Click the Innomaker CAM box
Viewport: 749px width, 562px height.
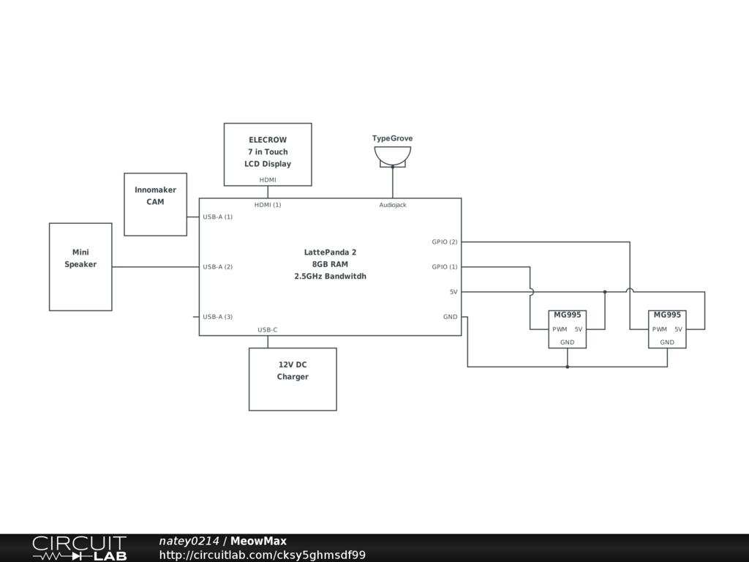coord(155,204)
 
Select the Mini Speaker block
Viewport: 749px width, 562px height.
coord(80,266)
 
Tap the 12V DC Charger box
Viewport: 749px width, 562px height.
coord(293,378)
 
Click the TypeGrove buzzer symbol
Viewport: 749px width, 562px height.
coord(393,156)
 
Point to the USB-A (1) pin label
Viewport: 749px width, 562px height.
coord(217,217)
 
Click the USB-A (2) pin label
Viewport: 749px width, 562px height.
coord(217,267)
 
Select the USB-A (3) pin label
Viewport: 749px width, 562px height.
coord(217,317)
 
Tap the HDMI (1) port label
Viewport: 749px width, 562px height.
coord(268,205)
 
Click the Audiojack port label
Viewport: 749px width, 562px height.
coord(393,205)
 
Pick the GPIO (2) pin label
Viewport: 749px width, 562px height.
coord(444,242)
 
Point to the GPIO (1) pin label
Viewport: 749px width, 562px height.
coord(444,267)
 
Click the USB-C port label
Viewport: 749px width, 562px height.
coord(268,330)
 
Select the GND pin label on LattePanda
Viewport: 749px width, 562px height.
coord(450,317)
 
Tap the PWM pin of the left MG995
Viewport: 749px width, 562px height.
coord(560,329)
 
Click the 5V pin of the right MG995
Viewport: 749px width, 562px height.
coord(678,329)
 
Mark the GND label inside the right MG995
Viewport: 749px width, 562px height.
coord(667,342)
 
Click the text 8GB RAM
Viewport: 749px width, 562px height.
coord(330,264)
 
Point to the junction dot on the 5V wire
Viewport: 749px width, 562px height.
coord(605,292)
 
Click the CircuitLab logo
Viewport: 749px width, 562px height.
coord(78,548)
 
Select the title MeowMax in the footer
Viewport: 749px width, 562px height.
coord(258,541)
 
